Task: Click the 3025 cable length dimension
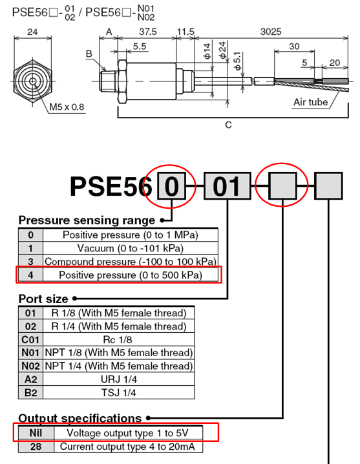click(x=271, y=32)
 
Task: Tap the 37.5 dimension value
click(x=148, y=32)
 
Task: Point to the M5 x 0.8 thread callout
click(x=67, y=107)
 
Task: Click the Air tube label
click(x=311, y=102)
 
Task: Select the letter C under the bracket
click(x=228, y=125)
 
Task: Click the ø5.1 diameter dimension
click(x=237, y=61)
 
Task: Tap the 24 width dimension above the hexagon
click(x=32, y=32)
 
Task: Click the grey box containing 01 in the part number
click(x=228, y=186)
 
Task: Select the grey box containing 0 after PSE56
click(x=172, y=186)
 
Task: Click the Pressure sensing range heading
click(x=87, y=220)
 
